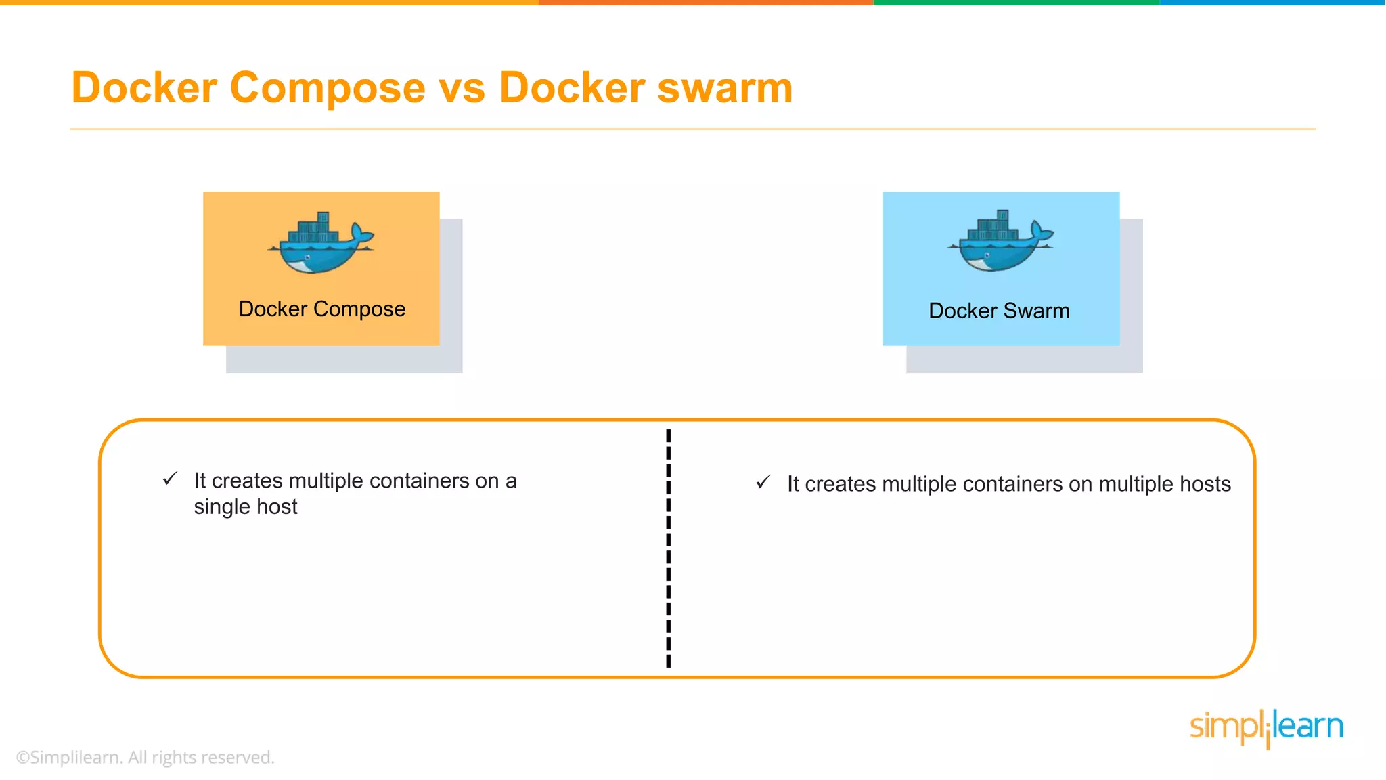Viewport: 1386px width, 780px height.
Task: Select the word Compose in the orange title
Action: (x=328, y=88)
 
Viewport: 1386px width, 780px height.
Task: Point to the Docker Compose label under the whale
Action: (x=322, y=309)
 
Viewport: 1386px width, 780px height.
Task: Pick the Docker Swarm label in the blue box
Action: (x=999, y=311)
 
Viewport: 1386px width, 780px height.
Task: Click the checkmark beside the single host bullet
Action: (x=170, y=479)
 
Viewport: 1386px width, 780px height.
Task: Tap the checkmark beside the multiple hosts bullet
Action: (x=763, y=482)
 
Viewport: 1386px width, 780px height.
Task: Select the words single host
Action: (x=246, y=506)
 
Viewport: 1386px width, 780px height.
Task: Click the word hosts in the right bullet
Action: (x=1205, y=484)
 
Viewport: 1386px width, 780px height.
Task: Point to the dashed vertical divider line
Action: (x=669, y=548)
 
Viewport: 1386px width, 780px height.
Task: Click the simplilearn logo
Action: (x=1266, y=728)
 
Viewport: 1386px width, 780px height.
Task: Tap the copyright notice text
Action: (x=146, y=757)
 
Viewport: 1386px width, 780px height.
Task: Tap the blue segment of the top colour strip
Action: (x=1272, y=3)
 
